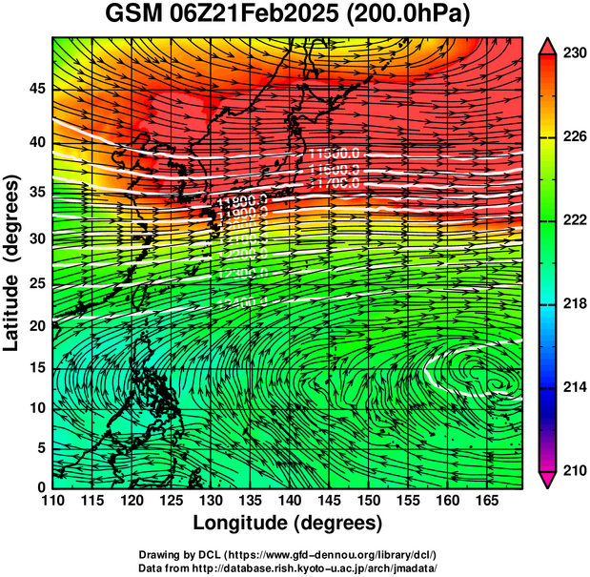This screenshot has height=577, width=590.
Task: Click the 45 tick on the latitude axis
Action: click(x=36, y=89)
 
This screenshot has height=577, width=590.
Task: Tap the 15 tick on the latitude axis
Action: click(x=36, y=367)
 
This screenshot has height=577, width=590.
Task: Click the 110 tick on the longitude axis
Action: click(x=52, y=500)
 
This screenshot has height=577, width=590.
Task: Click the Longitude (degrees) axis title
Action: click(x=288, y=524)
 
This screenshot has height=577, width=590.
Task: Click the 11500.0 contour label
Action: click(x=335, y=155)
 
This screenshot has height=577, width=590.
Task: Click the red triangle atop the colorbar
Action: click(x=550, y=45)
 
